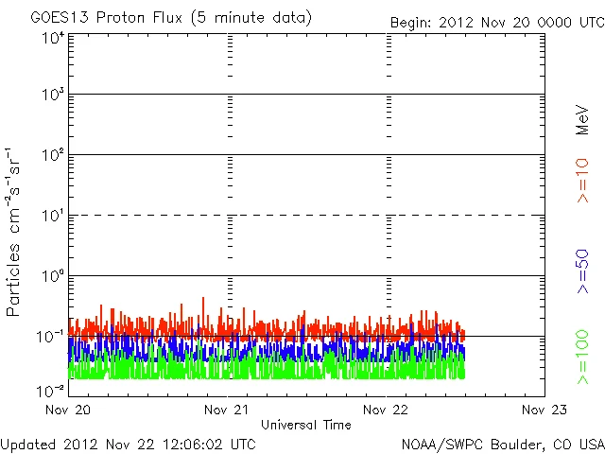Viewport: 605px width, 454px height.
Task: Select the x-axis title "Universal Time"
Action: [306, 425]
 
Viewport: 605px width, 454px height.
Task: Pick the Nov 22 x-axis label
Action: [386, 410]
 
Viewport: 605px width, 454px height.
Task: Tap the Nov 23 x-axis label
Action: [544, 410]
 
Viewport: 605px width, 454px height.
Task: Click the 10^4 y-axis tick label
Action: [53, 38]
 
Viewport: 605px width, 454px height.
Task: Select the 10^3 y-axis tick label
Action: [53, 96]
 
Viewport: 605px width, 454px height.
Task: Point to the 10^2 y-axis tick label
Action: [53, 155]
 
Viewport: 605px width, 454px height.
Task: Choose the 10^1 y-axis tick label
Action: [53, 216]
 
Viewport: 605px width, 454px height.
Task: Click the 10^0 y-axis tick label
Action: [53, 276]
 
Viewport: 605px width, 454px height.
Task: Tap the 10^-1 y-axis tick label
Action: [51, 336]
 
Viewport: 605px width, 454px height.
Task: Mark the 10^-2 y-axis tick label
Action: [51, 390]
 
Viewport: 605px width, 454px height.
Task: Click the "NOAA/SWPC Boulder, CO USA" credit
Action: [501, 443]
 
